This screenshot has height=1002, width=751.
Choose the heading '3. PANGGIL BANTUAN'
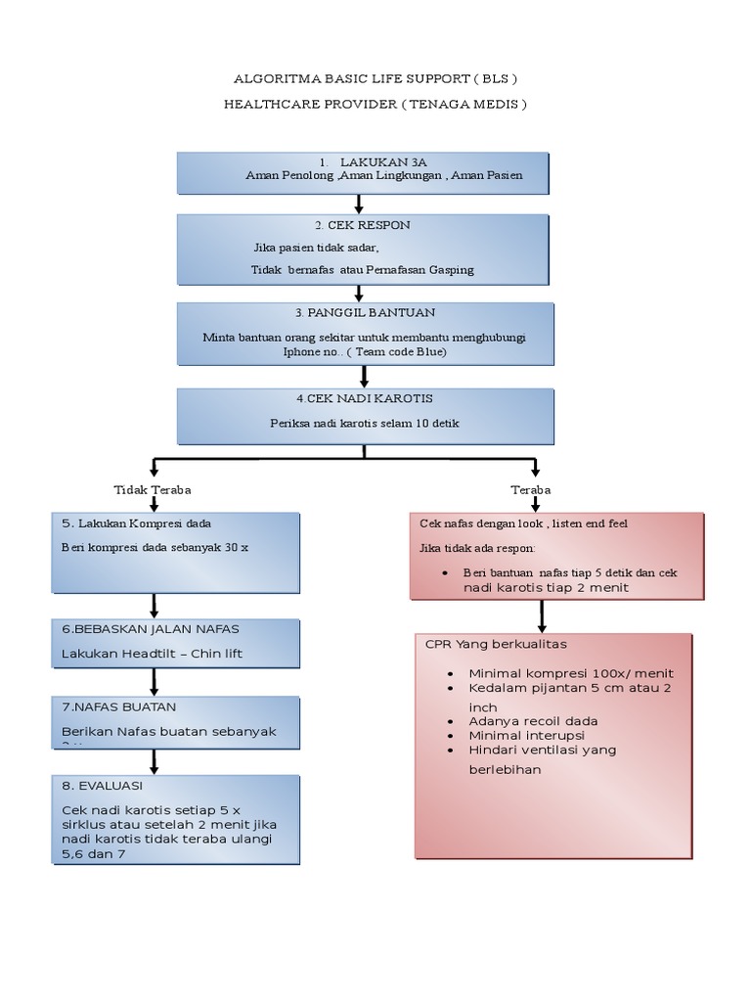coord(365,312)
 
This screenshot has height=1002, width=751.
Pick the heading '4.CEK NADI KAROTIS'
coord(364,399)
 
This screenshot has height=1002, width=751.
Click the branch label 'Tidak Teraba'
coord(152,489)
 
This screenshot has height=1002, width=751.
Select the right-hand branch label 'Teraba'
coord(530,489)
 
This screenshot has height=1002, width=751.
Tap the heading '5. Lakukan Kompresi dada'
coord(137,524)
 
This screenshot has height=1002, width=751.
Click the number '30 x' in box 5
coord(237,547)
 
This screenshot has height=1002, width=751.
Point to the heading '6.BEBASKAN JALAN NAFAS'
coord(150,628)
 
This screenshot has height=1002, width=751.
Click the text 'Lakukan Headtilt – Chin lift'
coord(152,653)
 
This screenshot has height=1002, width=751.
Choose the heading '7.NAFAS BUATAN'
coord(118,706)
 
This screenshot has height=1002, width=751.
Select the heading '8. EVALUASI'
coord(103,785)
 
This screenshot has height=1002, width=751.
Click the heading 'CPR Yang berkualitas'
coord(496,645)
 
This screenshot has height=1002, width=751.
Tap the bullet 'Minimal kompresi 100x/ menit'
coord(571,673)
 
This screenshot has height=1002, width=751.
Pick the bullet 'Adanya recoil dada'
coord(533,721)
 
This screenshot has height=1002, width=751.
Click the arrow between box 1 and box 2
coord(360,205)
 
